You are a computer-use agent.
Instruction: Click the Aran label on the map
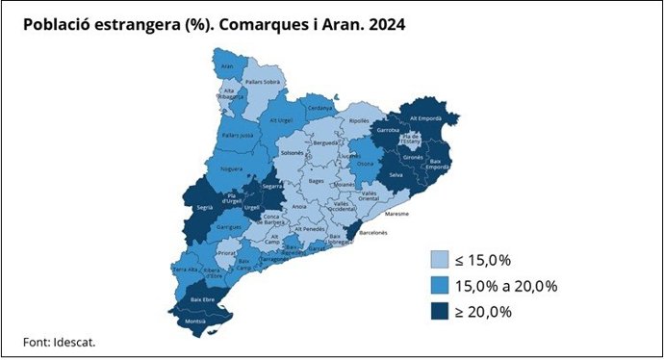point(228,66)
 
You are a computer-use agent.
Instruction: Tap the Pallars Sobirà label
point(263,83)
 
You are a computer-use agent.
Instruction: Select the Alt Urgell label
point(281,120)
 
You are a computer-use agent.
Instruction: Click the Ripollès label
point(360,121)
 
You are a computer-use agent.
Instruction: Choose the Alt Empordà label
point(424,117)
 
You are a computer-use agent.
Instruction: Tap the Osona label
point(367,163)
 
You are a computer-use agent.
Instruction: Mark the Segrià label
point(204,207)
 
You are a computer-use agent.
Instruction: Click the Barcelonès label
point(373,232)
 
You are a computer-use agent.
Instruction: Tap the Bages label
point(317,180)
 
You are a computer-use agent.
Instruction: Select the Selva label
point(395,174)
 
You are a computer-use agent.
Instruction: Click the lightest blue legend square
point(440,260)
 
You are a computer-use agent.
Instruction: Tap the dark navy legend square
point(440,311)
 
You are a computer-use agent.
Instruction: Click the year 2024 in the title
point(382,25)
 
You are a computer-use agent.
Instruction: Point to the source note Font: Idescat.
point(60,342)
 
